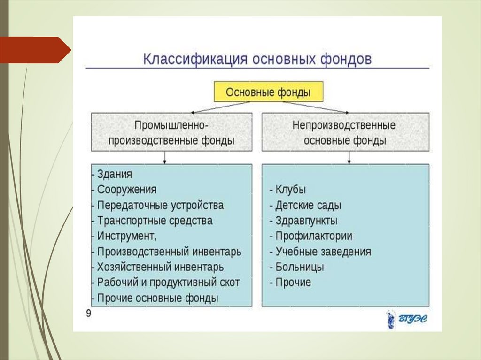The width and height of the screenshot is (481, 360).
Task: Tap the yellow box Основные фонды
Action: coord(268,92)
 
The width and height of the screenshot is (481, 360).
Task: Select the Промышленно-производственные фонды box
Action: coord(171,132)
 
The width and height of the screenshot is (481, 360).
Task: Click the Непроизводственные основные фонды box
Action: coord(345,132)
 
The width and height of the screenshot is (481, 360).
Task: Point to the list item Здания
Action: coord(115,174)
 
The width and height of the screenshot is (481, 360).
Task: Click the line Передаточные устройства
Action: coord(160,205)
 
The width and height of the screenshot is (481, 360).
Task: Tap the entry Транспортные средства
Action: coord(155,221)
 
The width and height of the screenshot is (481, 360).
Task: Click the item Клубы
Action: coord(290,190)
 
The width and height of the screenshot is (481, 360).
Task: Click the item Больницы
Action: coord(299,267)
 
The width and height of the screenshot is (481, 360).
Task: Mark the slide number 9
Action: coord(88,314)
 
